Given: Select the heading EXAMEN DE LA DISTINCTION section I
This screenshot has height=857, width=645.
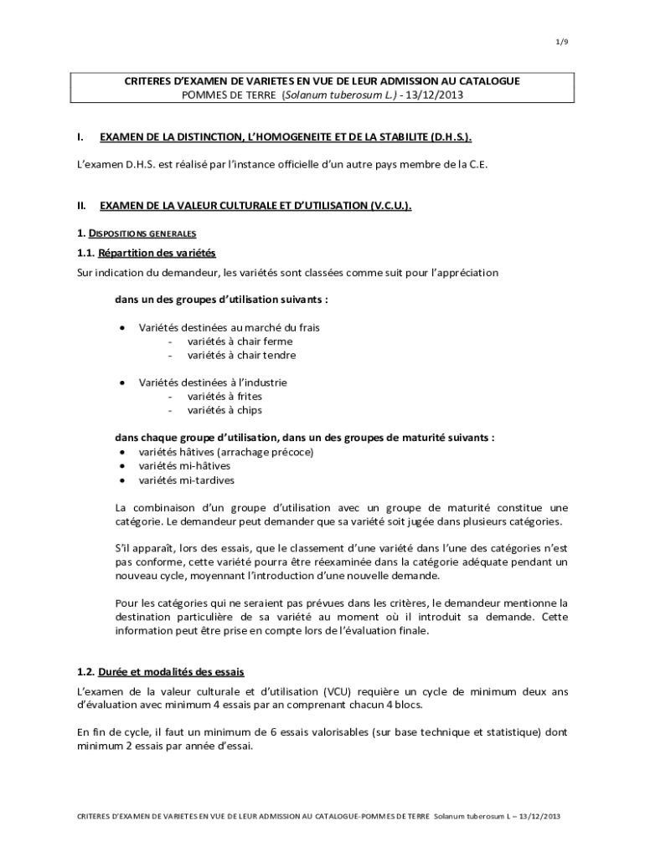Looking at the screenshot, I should coord(291,136).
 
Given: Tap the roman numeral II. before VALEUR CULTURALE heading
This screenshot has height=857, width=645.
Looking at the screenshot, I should coord(82,205).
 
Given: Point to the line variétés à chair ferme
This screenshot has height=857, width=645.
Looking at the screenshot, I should coord(240,341).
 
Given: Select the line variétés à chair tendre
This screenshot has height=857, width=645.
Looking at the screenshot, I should coord(241,355).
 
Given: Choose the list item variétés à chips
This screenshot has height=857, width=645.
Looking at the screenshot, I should coord(224,410).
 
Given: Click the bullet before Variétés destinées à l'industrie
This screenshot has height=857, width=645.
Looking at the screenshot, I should coord(123,382).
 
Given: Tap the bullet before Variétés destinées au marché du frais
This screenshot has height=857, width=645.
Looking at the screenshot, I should coord(123,328).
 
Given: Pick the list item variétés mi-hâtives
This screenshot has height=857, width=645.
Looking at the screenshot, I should coord(184,465).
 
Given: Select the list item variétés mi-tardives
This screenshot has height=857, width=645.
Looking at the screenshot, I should coord(186,480).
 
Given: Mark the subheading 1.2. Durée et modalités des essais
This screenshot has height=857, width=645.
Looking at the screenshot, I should coord(160,672).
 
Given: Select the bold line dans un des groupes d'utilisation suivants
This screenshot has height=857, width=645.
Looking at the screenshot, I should coord(221,300).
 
